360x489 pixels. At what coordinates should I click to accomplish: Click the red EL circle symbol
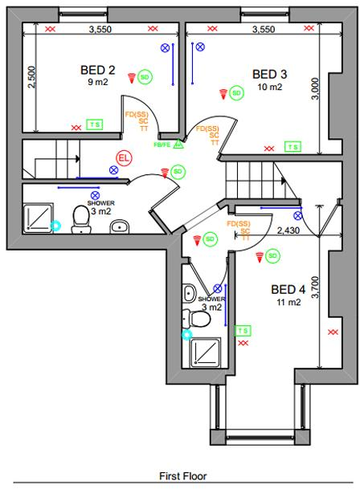coord(123,158)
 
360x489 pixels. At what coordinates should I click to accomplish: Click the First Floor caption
coord(182,476)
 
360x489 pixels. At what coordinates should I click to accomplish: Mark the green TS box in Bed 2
coord(96,124)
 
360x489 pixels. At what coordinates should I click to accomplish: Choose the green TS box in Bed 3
coord(292,147)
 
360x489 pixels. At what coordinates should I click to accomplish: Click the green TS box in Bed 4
coord(242,330)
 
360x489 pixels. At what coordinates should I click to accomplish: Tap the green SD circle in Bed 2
coord(145,77)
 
